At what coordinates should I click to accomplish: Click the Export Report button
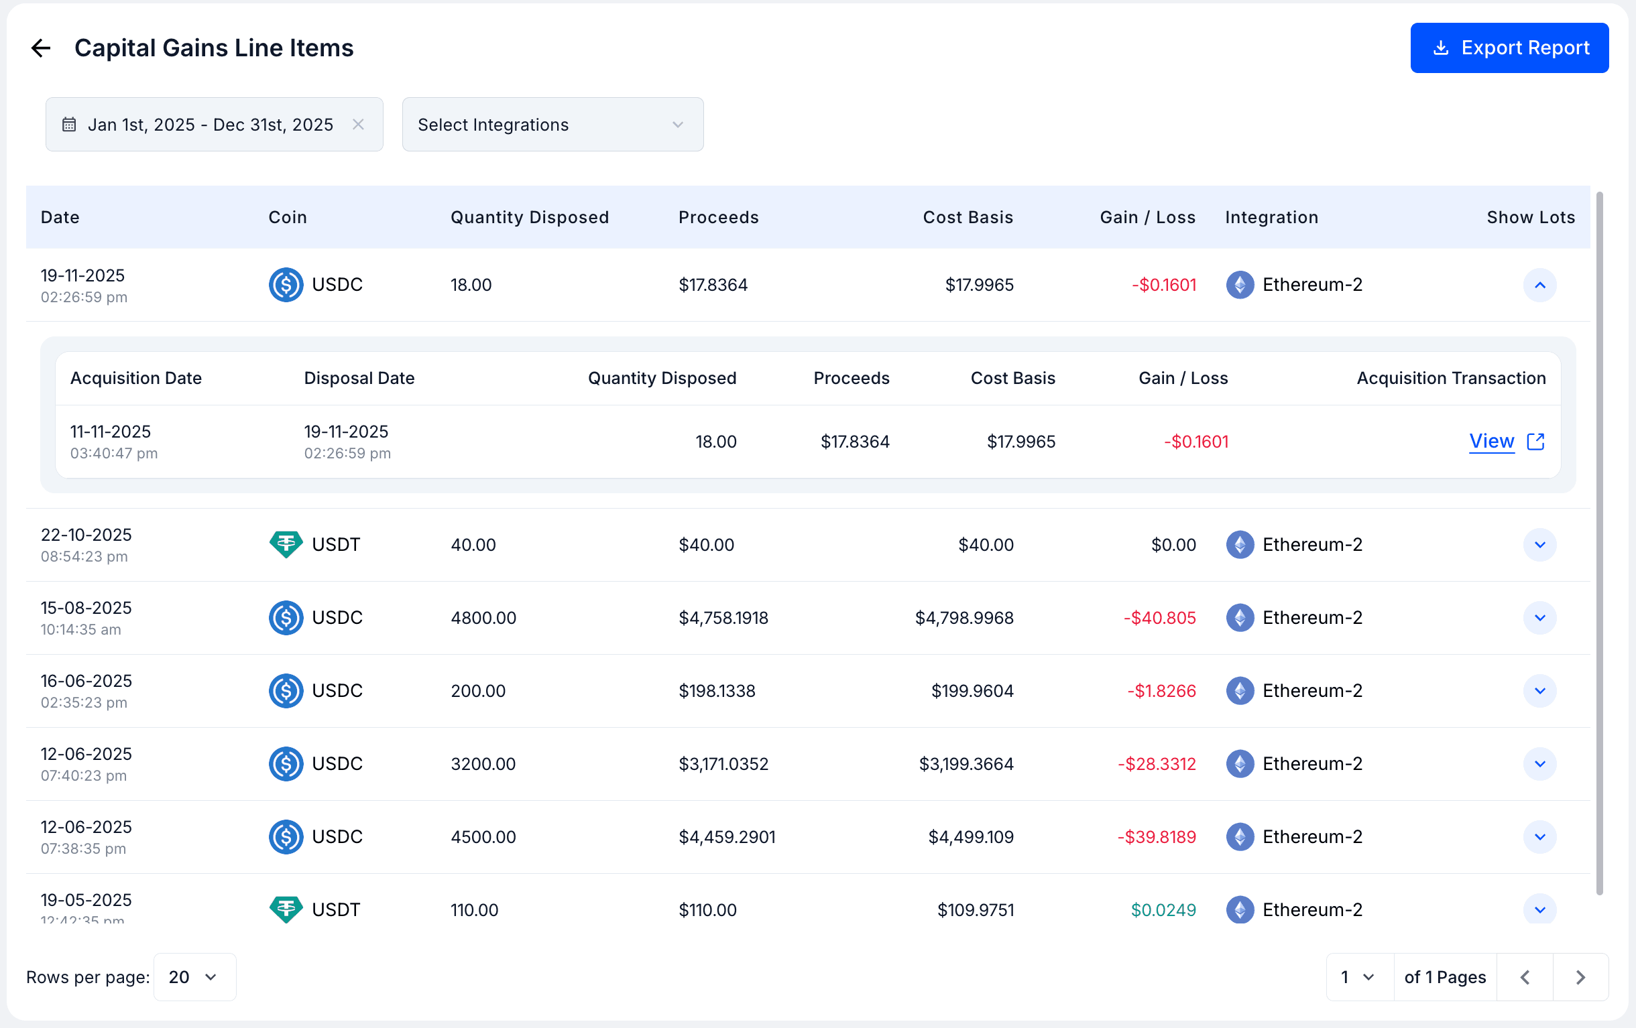[x=1509, y=48]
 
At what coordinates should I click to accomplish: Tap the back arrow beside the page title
[x=41, y=48]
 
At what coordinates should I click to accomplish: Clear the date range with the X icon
[x=358, y=124]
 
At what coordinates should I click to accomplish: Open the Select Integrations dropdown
[x=552, y=124]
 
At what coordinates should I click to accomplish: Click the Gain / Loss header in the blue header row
[x=1147, y=217]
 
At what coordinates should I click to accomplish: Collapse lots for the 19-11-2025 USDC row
[x=1539, y=285]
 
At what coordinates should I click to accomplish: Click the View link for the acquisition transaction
[x=1492, y=442]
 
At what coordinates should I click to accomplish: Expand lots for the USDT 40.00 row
[x=1539, y=545]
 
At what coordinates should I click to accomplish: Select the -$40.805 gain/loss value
[x=1159, y=618]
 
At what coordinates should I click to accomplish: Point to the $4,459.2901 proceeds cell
[x=727, y=836]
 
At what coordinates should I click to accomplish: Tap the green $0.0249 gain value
[x=1163, y=910]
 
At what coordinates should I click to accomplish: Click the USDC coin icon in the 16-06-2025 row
[x=286, y=690]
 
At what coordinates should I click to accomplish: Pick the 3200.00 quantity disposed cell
[x=483, y=764]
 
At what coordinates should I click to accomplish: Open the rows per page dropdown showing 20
[x=195, y=977]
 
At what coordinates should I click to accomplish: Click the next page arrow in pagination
[x=1580, y=977]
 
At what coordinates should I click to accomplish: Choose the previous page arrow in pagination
[x=1525, y=977]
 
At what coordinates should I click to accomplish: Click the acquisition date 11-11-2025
[x=111, y=432]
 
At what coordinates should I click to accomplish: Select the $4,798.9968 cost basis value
[x=964, y=618]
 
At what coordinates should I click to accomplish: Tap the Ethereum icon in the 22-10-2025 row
[x=1240, y=545]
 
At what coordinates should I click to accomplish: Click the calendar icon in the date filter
[x=69, y=124]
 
